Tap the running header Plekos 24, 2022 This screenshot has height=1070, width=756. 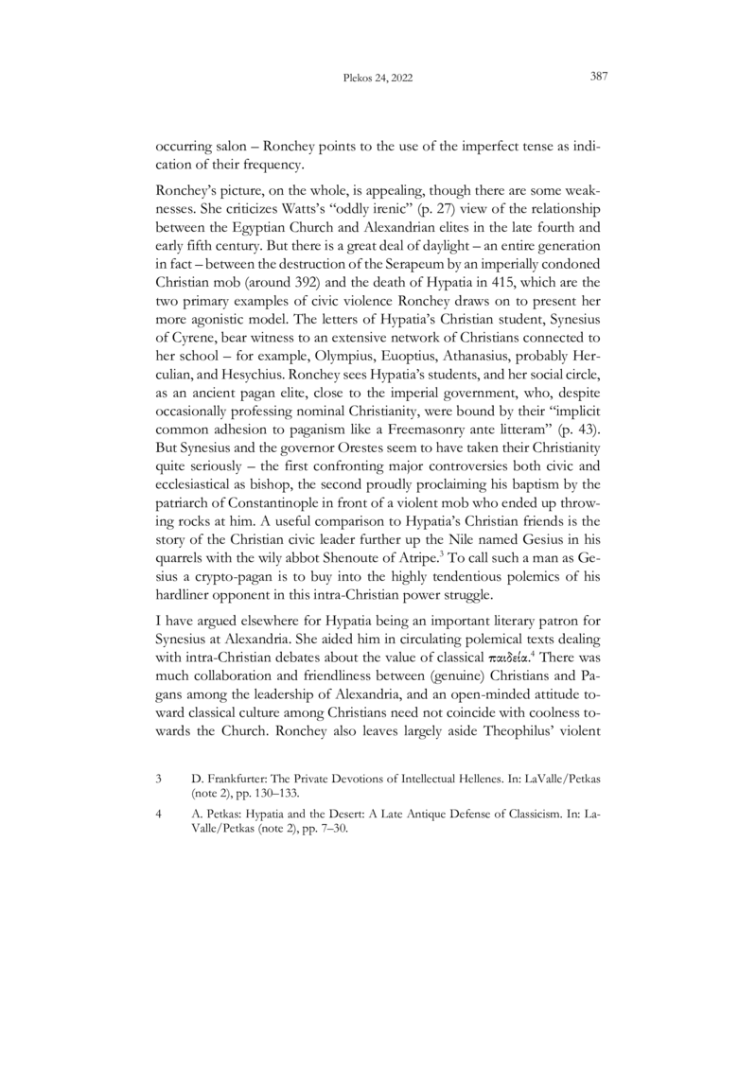click(378, 79)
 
